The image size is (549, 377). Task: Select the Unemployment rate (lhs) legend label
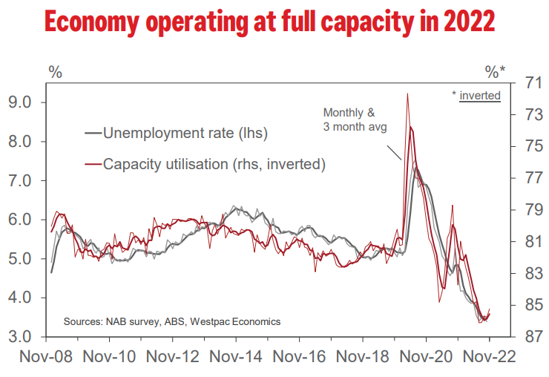(185, 134)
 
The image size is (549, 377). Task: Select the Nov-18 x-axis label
(364, 356)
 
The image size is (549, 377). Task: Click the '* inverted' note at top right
(476, 95)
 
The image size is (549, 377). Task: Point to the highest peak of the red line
(407, 94)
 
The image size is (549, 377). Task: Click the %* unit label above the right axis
(495, 72)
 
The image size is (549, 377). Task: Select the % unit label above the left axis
(56, 72)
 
